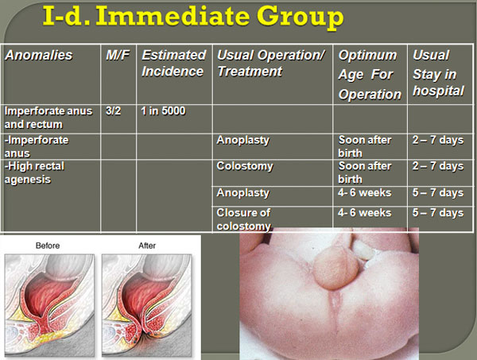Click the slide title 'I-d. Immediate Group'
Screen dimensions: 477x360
click(193, 17)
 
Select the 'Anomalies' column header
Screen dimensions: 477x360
click(39, 56)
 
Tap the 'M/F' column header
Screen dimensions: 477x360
click(118, 56)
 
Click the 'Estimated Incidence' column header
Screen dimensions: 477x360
click(173, 64)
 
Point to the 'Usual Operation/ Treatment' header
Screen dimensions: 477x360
click(271, 64)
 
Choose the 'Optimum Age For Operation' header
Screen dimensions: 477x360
click(370, 75)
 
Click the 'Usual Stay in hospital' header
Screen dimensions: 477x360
click(438, 73)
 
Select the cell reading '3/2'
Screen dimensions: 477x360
click(113, 111)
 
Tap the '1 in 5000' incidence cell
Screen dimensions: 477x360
click(163, 111)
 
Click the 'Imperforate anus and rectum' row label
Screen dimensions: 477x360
click(48, 118)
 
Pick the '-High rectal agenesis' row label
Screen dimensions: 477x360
click(34, 172)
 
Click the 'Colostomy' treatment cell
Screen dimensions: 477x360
click(245, 166)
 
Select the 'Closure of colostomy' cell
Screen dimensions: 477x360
click(244, 219)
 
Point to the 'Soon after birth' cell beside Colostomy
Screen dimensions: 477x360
click(365, 172)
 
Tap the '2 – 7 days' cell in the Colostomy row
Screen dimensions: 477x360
click(438, 166)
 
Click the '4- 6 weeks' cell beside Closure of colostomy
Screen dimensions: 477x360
click(364, 213)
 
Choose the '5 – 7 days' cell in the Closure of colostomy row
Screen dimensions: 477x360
click(438, 213)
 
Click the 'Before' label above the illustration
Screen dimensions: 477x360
click(48, 246)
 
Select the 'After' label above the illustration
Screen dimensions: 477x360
click(147, 246)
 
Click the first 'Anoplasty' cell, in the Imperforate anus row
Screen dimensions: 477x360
click(243, 140)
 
